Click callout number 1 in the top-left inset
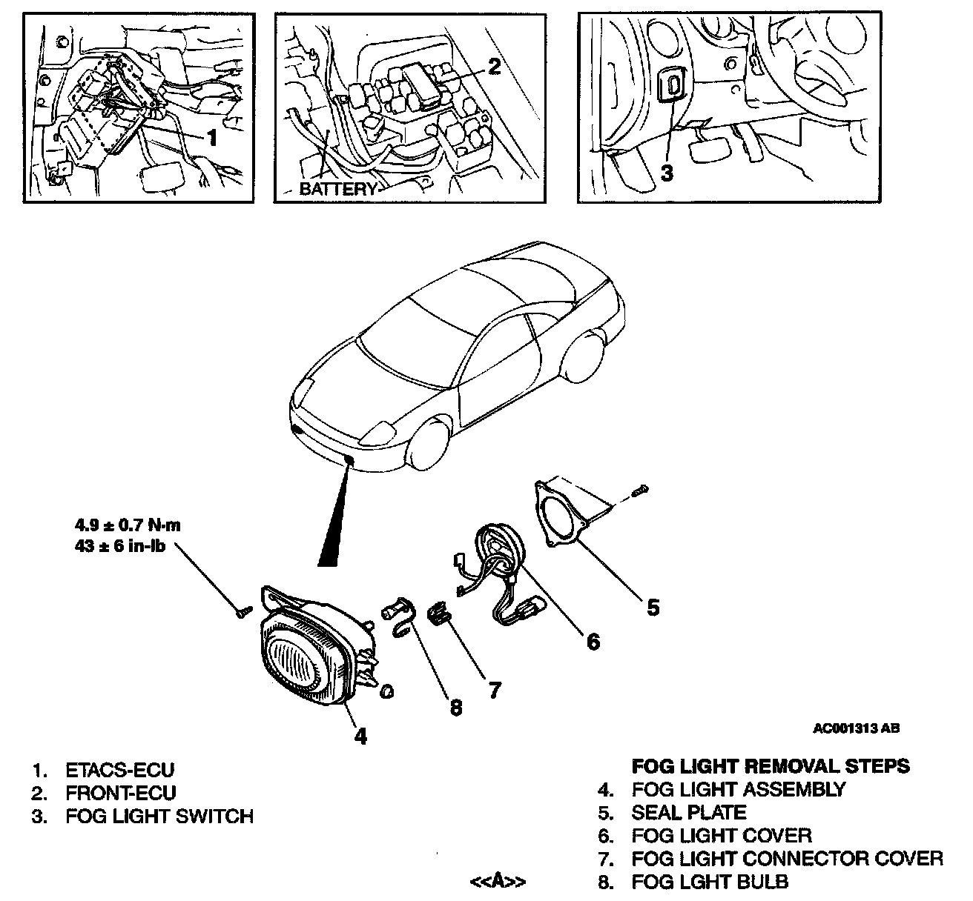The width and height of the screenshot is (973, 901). point(211,138)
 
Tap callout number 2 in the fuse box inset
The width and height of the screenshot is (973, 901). point(494,66)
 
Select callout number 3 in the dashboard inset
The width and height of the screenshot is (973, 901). point(667,173)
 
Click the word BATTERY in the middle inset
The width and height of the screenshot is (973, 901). point(337,189)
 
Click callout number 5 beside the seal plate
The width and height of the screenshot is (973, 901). point(652,608)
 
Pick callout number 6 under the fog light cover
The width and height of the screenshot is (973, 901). point(593,641)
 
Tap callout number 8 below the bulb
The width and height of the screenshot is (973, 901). point(455,708)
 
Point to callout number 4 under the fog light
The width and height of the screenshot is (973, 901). point(360,736)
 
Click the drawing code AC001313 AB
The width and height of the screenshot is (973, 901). point(856,728)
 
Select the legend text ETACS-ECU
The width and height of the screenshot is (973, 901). point(120,770)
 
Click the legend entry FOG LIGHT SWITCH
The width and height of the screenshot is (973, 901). point(159,817)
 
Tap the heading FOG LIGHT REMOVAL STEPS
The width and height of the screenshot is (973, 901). point(771,766)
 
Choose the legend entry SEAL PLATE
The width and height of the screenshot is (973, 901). point(688,812)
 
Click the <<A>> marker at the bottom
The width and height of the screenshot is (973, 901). point(498,881)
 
